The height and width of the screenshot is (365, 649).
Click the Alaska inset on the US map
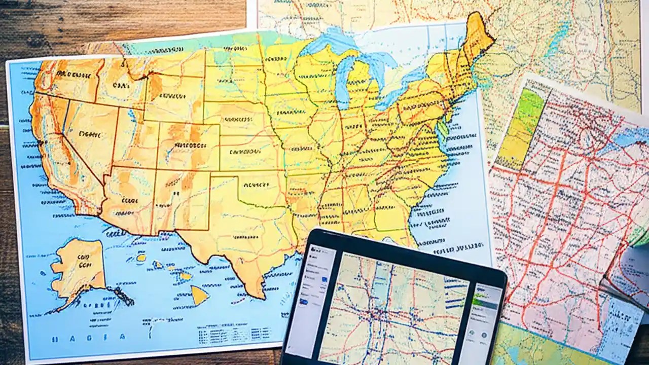click(79, 269)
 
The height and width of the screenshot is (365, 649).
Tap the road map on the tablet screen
click(390, 309)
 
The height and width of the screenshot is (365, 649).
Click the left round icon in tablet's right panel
click(472, 335)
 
